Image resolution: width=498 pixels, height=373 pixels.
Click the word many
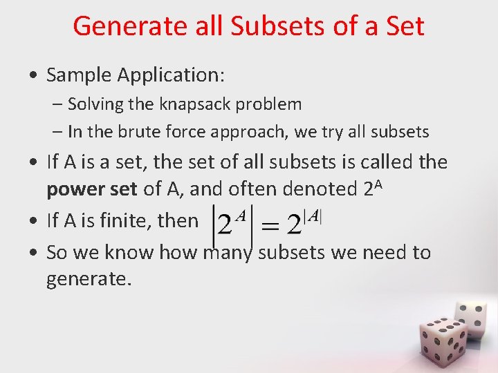click(x=229, y=253)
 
